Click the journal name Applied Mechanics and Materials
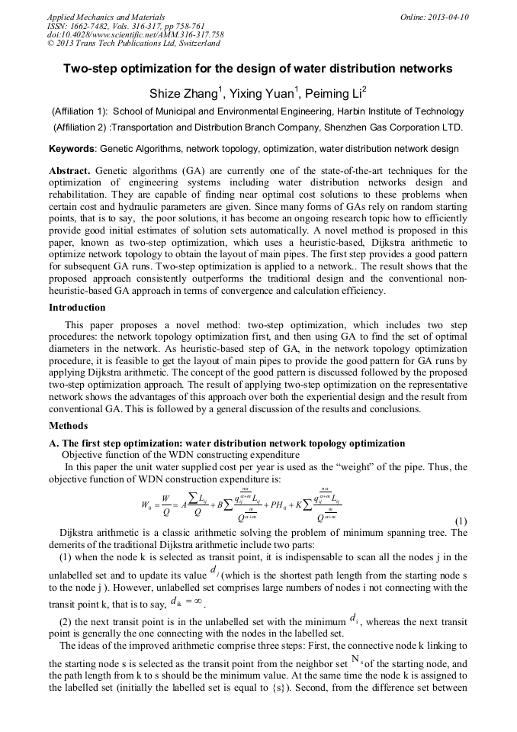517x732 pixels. click(x=106, y=17)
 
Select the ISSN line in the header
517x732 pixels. click(x=125, y=26)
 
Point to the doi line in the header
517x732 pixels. click(x=135, y=34)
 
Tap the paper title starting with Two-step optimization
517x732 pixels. click(x=258, y=69)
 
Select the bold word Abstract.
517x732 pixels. click(x=69, y=170)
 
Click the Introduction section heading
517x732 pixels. click(x=77, y=308)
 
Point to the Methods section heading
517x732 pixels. click(x=68, y=426)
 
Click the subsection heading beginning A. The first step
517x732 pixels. click(x=226, y=443)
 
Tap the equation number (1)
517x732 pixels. click(x=460, y=521)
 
